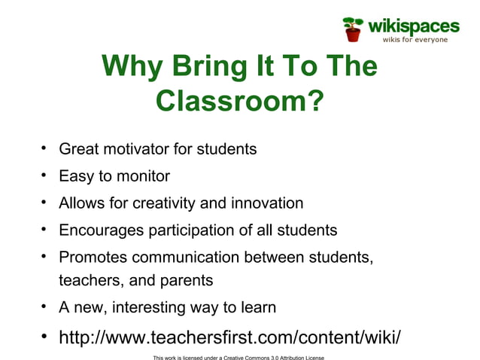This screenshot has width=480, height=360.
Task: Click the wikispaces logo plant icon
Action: (x=352, y=28)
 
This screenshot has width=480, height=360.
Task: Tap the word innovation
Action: (x=266, y=203)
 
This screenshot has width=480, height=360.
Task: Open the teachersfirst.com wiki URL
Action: (x=229, y=336)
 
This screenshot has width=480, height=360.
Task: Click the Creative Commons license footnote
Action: (x=238, y=356)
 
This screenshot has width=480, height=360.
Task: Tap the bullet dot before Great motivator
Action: (x=44, y=148)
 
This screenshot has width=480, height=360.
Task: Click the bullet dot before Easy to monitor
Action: (x=44, y=175)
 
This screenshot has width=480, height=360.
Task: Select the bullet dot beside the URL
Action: (x=45, y=335)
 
